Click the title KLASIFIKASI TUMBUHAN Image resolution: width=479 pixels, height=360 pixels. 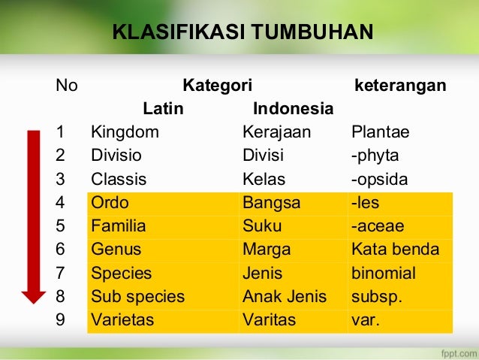pyautogui.click(x=242, y=32)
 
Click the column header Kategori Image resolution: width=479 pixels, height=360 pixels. pyautogui.click(x=218, y=85)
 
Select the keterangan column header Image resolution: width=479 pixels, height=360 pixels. pyautogui.click(x=399, y=85)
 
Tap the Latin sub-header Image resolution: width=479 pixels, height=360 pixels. pyautogui.click(x=164, y=109)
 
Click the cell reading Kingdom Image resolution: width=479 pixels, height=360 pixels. pyautogui.click(x=125, y=133)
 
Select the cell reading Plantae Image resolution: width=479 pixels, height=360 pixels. pyautogui.click(x=380, y=133)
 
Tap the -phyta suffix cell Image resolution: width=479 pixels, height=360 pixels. pyautogui.click(x=375, y=156)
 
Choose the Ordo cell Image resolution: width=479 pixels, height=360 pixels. pyautogui.click(x=110, y=203)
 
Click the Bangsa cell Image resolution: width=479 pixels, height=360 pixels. pyautogui.click(x=271, y=203)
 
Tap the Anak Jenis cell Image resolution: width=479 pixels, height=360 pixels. pyautogui.click(x=285, y=297)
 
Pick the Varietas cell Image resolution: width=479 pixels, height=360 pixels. pyautogui.click(x=122, y=320)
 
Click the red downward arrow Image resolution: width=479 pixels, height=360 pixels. pyautogui.click(x=34, y=218)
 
